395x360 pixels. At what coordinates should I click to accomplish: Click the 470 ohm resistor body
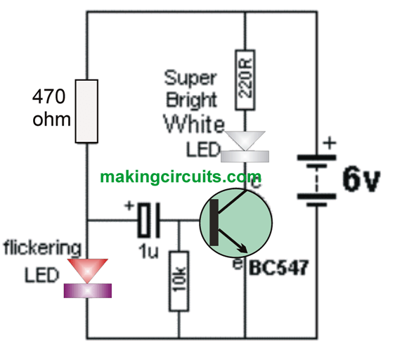tap(86, 111)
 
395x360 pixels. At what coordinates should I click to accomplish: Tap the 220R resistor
tap(245, 80)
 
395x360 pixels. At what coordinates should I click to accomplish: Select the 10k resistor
tap(179, 281)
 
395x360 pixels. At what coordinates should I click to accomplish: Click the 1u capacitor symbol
tap(148, 220)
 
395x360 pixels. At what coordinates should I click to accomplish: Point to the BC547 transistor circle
tap(236, 223)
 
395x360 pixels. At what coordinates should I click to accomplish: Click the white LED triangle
tap(245, 141)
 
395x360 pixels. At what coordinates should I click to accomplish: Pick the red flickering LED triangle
tap(87, 271)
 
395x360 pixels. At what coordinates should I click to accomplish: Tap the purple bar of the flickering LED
tap(87, 290)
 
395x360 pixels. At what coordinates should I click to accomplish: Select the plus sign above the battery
tap(330, 143)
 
